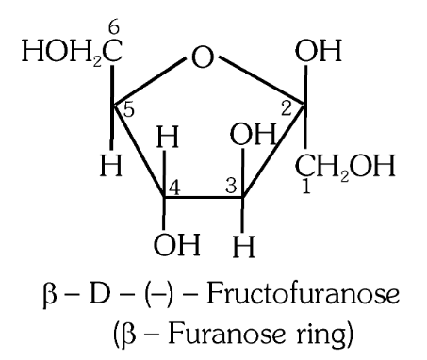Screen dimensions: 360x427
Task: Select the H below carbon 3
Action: (x=245, y=252)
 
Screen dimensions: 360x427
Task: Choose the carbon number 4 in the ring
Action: (x=175, y=183)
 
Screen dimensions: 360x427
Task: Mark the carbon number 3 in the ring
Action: (x=232, y=183)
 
